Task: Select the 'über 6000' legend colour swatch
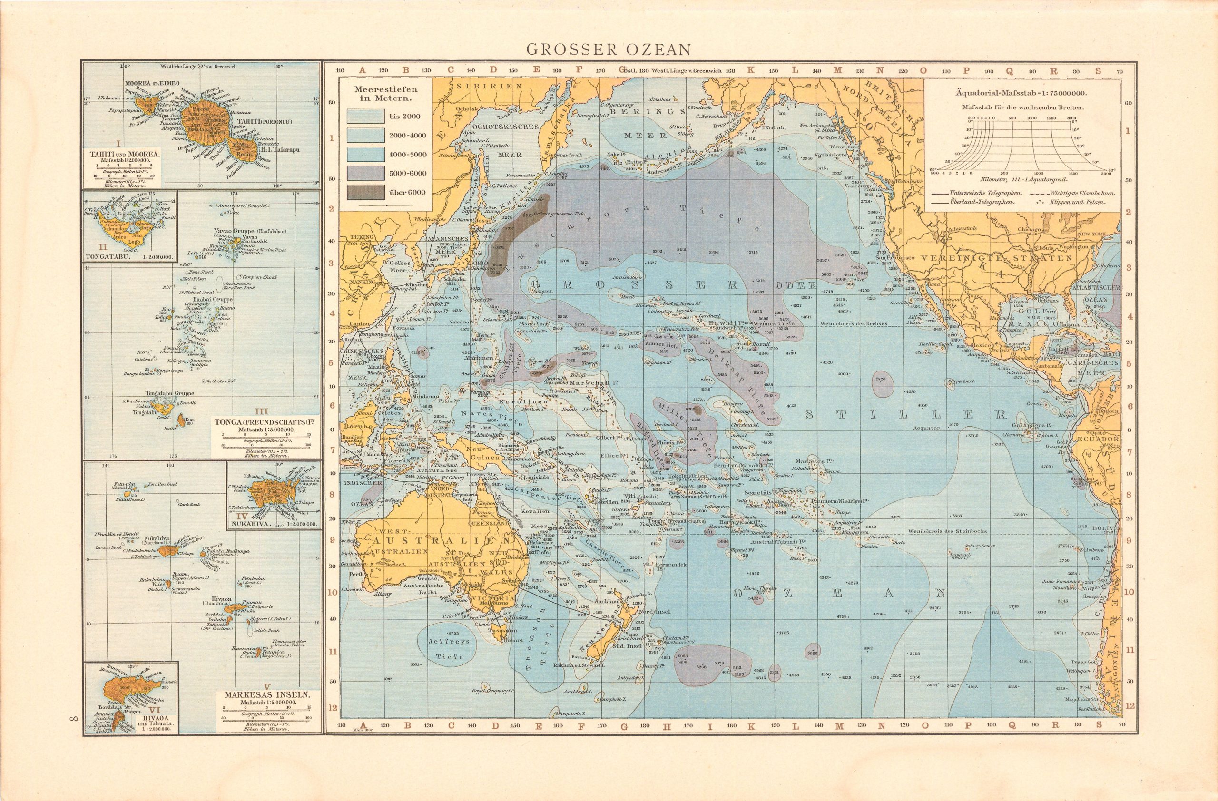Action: pyautogui.click(x=365, y=192)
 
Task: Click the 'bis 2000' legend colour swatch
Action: pyautogui.click(x=365, y=116)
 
